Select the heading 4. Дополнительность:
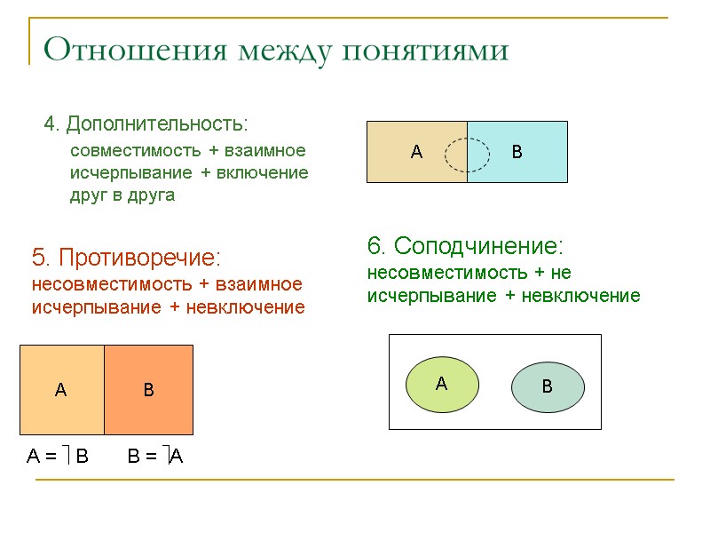pos(146,123)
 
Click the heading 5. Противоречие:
pos(126,258)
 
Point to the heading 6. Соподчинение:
pos(466,245)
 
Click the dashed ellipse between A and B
pos(467,155)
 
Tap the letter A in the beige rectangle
pos(416,153)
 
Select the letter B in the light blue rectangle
pos(517,153)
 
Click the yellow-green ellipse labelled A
pos(442,384)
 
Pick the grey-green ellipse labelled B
pos(548,387)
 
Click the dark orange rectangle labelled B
pos(149,389)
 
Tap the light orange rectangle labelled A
pos(61,389)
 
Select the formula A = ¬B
pos(58,457)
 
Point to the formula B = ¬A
pos(155,457)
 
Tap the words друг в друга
pos(122,195)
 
